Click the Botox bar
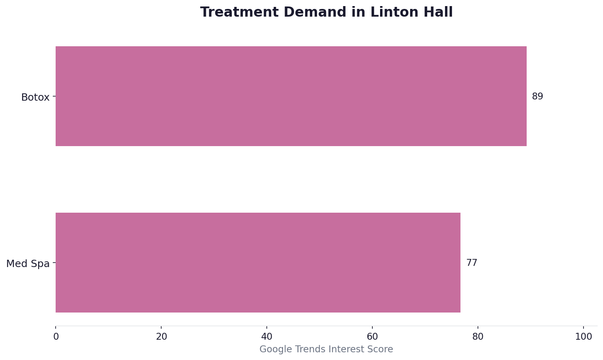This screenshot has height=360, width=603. [x=291, y=96]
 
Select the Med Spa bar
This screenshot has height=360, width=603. [x=258, y=263]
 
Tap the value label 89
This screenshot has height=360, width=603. [x=537, y=97]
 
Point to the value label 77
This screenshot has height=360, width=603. [x=471, y=263]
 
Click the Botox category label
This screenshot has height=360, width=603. [x=35, y=97]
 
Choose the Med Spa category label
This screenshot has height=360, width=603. [x=28, y=264]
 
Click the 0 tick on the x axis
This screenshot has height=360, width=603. [x=56, y=337]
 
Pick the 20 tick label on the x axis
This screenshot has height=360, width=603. [x=161, y=337]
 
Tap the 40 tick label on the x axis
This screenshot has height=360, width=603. [x=267, y=337]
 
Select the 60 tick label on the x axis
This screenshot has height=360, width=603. [x=372, y=337]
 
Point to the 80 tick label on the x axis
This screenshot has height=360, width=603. [x=478, y=337]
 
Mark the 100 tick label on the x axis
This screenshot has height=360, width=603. [x=584, y=337]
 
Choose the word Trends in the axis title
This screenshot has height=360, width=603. [x=309, y=349]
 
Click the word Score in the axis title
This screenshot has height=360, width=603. [x=381, y=349]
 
